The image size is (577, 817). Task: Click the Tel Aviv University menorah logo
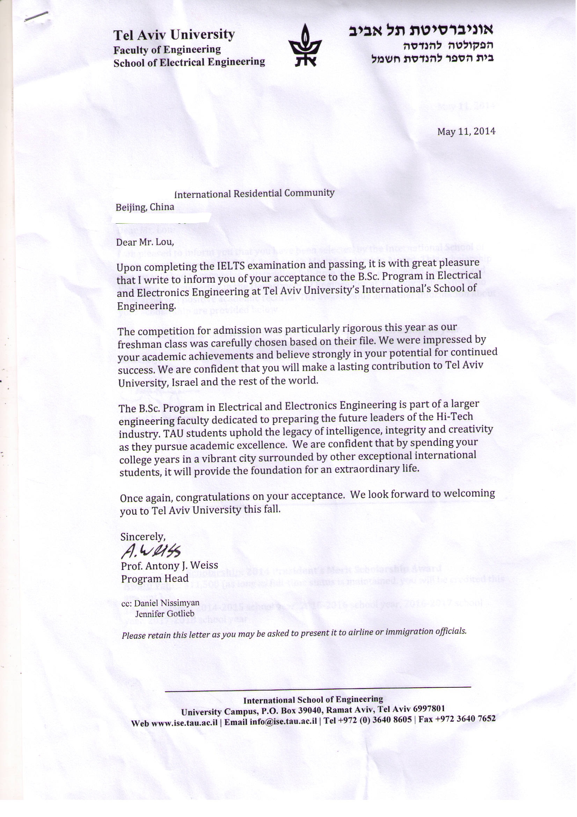(x=305, y=45)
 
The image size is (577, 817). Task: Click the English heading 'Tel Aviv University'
(x=174, y=35)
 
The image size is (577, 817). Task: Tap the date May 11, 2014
(x=466, y=131)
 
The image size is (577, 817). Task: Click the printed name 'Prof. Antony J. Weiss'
(x=169, y=566)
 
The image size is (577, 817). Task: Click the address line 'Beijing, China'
(x=145, y=207)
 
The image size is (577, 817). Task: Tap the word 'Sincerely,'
(x=143, y=536)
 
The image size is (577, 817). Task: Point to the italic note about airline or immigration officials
(x=294, y=634)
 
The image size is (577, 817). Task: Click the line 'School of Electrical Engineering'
(x=189, y=63)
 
